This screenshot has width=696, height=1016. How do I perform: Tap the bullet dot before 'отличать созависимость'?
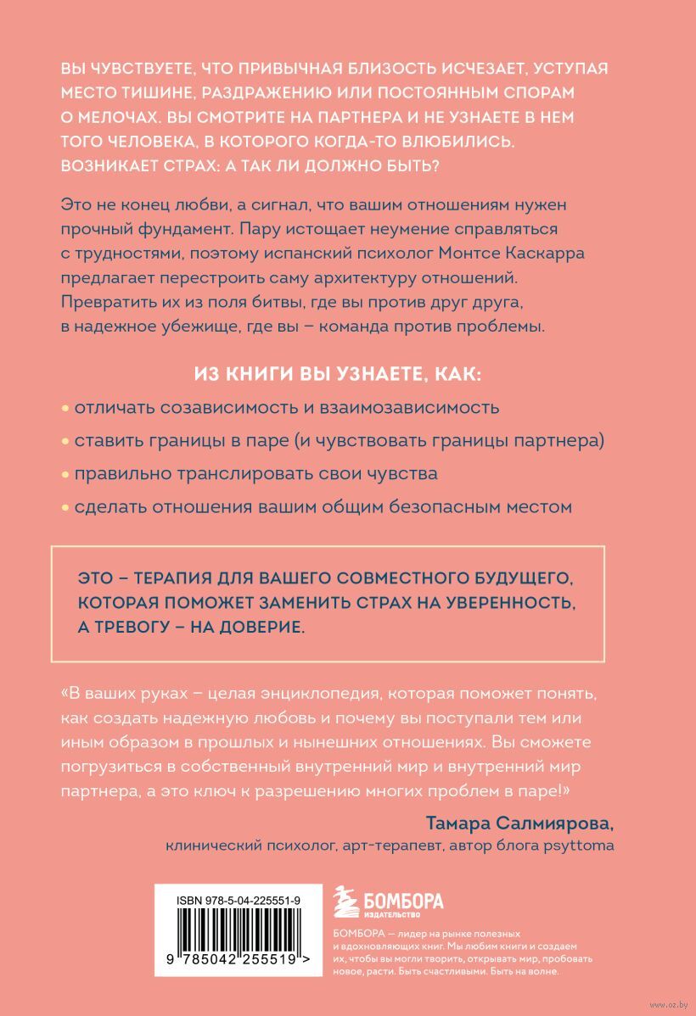65,407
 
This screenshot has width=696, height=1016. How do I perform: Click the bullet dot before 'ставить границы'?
65,441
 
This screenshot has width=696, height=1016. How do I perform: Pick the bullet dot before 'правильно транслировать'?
65,474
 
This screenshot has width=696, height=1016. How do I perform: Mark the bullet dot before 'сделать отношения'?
65,508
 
